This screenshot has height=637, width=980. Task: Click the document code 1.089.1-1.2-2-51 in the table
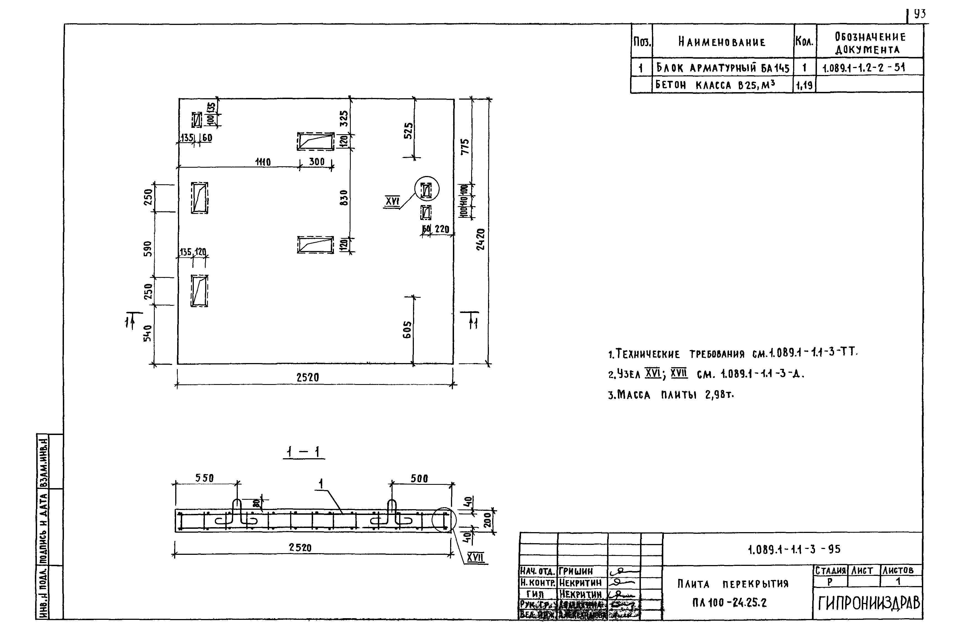pos(863,68)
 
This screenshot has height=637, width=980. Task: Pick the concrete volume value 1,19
pos(804,86)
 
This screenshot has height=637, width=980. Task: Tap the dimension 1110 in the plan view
pos(263,162)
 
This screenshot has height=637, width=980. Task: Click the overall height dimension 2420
pos(480,239)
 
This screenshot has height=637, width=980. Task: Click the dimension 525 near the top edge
pos(408,131)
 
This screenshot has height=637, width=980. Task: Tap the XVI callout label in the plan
pos(392,201)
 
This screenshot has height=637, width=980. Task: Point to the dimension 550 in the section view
pos(205,478)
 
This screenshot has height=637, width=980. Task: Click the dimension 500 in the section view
pos(419,478)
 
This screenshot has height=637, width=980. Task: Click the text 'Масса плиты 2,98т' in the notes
pos(671,395)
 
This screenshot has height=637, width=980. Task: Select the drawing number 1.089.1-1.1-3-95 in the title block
pos(794,549)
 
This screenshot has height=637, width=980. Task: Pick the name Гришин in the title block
pos(576,571)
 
